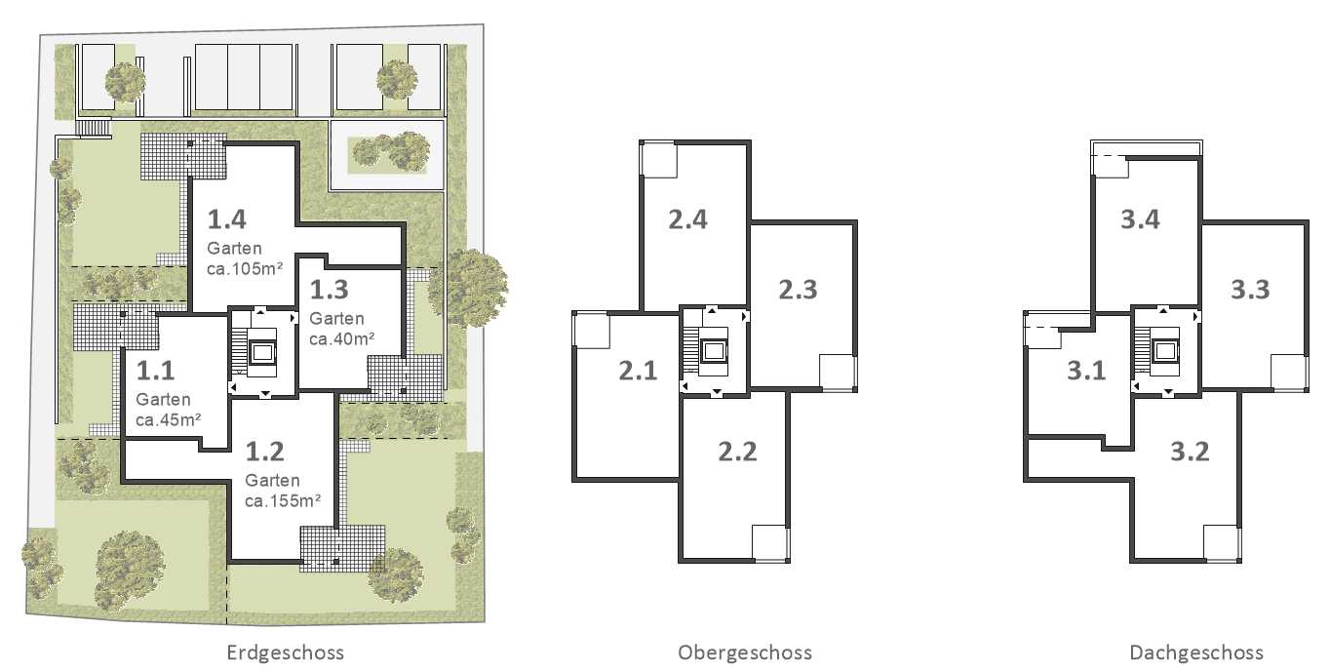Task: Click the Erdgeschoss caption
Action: [286, 653]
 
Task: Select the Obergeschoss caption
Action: [745, 653]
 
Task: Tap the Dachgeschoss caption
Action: [1196, 653]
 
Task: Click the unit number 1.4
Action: [227, 219]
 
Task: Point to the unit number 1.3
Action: [329, 290]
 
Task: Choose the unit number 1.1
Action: [156, 371]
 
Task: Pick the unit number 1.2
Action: [265, 453]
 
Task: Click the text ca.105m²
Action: [245, 268]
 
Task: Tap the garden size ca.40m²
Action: [342, 338]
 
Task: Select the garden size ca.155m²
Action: [283, 501]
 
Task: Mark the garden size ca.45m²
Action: [168, 420]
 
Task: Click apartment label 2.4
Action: [688, 219]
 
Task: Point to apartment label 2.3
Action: [798, 290]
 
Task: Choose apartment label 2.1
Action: [639, 371]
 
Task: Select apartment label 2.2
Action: [737, 453]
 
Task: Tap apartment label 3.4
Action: [1141, 219]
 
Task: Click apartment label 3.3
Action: [1250, 290]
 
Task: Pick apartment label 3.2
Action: [1190, 453]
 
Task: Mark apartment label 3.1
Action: [1086, 371]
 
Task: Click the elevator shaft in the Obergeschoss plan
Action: [713, 352]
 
